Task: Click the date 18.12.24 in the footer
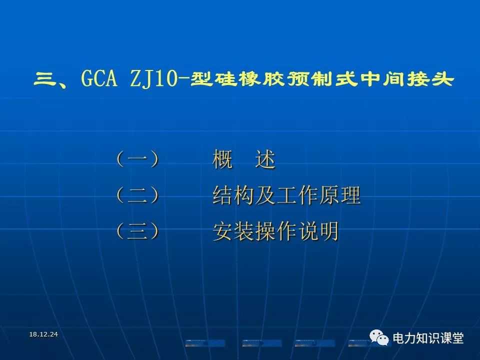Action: [x=43, y=334]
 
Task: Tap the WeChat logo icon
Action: [x=379, y=337]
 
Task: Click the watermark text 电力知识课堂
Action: [x=428, y=338]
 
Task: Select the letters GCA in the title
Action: [x=99, y=78]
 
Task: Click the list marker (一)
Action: [x=137, y=159]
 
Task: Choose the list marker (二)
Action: [x=137, y=195]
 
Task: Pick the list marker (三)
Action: [x=137, y=230]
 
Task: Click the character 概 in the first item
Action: [x=222, y=159]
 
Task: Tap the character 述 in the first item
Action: [x=265, y=159]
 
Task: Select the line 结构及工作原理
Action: [x=286, y=194]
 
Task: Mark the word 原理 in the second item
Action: [x=340, y=194]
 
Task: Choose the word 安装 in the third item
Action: [x=233, y=231]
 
